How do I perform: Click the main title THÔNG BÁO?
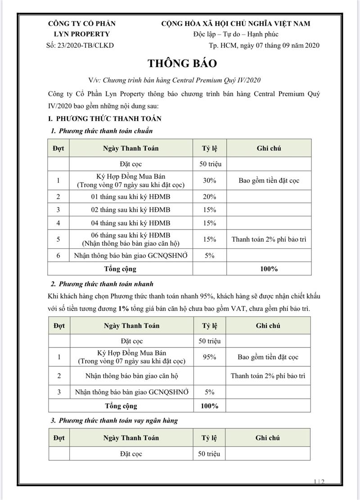coord(180,63)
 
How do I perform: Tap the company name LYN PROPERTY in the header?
coord(81,34)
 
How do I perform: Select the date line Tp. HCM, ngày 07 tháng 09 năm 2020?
coord(264,45)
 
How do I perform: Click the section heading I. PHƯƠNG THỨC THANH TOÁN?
coord(105,119)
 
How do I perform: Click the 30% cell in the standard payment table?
coord(210,180)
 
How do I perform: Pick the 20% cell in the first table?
coord(210,197)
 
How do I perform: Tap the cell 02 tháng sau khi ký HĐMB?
coord(130,210)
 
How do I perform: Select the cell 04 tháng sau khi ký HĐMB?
coord(130,223)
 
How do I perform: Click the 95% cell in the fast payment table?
coord(210,357)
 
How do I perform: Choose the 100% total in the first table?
coord(269,269)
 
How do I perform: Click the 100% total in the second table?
coord(209,406)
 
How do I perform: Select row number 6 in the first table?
coord(58,256)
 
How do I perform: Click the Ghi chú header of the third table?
coord(268,437)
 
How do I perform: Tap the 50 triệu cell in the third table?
coord(209,454)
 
